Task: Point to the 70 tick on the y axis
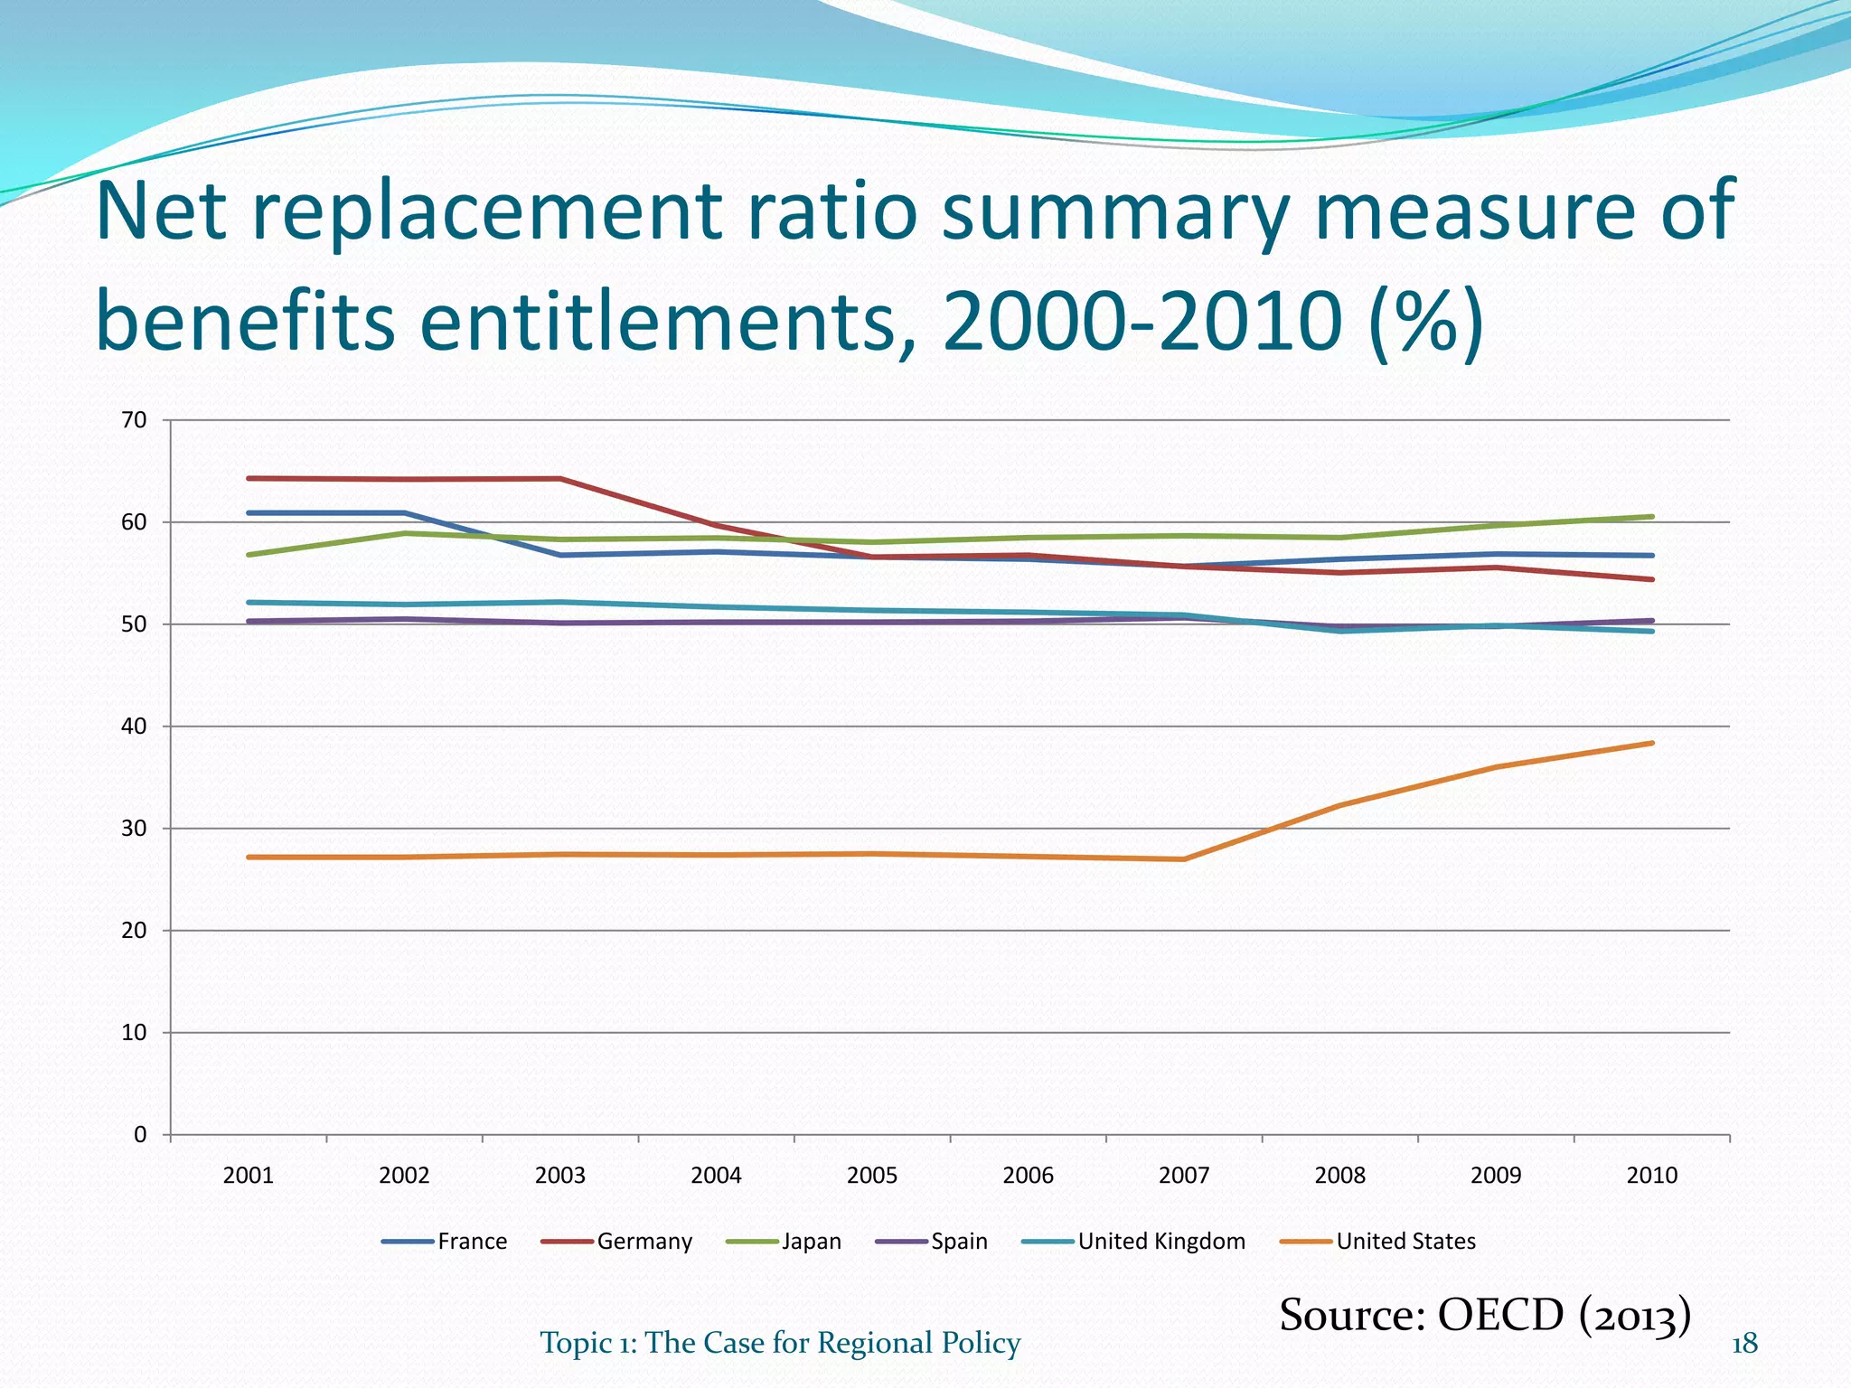134,420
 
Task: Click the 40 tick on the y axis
134,727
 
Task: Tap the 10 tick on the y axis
134,1033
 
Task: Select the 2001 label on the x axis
248,1175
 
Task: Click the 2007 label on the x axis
1184,1175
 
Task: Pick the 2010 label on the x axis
1651,1175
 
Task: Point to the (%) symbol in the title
1425,323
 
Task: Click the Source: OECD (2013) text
1484,1315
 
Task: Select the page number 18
1744,1344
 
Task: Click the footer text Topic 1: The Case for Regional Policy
780,1343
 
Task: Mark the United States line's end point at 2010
1652,743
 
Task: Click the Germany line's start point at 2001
249,478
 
